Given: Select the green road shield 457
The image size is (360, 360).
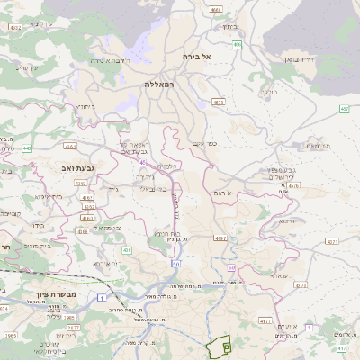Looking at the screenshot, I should pos(343,109).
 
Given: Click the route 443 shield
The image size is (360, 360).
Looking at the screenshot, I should pos(27,148).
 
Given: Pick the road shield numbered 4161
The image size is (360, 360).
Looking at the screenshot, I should pos(71,144).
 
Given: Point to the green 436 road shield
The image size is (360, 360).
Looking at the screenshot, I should pos(127,250).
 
